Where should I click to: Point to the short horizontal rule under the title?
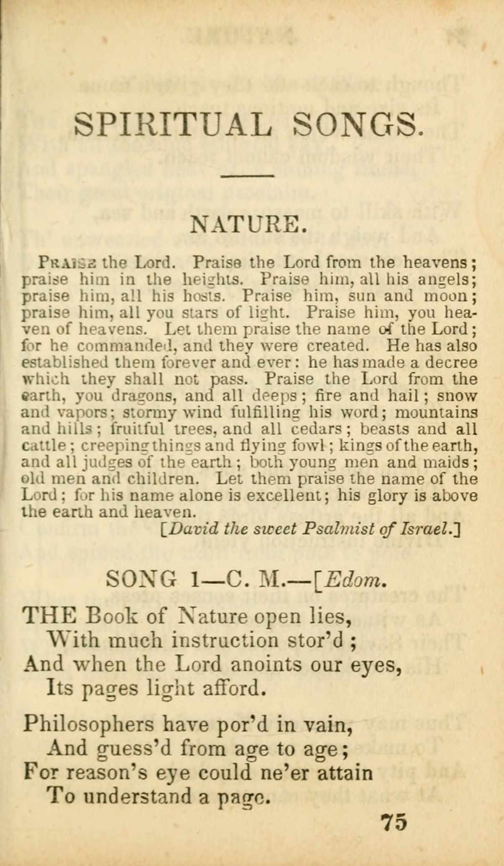247,176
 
